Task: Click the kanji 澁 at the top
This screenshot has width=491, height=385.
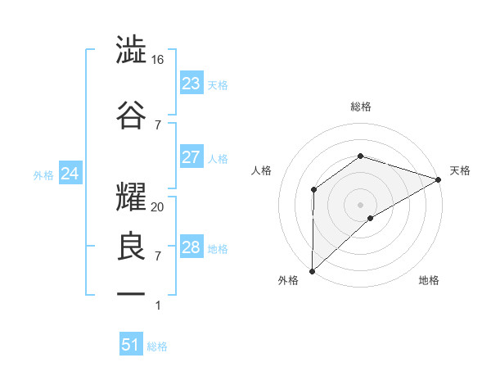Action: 132,51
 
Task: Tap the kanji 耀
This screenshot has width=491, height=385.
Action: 132,193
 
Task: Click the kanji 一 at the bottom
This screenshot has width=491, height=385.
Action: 132,292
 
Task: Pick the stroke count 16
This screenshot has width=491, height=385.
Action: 158,60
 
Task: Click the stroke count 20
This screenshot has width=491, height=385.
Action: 158,207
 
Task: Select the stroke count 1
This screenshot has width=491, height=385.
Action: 158,306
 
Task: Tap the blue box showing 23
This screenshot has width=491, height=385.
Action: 191,84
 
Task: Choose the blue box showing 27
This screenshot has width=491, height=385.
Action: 191,157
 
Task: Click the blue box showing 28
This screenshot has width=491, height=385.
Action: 191,247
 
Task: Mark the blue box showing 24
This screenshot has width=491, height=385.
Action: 70,174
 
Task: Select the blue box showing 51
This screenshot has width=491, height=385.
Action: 130,345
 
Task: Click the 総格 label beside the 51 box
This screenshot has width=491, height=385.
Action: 157,346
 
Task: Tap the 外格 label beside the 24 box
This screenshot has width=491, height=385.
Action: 43,174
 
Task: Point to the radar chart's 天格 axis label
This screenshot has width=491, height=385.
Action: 460,170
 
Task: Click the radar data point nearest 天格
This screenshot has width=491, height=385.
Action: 438,179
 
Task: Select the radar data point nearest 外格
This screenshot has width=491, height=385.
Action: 312,270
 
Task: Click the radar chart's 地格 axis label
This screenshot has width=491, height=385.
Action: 429,280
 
